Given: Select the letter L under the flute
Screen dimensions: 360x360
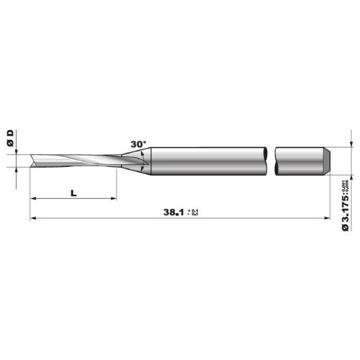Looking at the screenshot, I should point(73,193).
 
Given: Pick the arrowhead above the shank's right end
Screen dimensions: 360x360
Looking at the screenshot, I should point(350,145).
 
